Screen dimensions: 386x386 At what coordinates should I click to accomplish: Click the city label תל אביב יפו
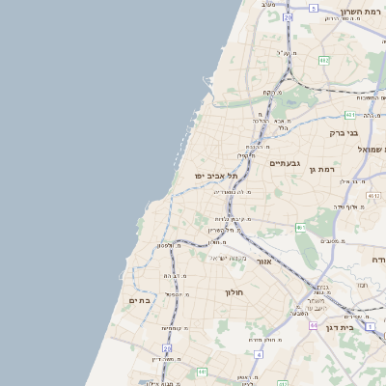click(x=214, y=176)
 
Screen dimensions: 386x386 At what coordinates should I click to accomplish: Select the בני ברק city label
click(x=344, y=133)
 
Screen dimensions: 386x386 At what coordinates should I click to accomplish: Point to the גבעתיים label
click(x=286, y=163)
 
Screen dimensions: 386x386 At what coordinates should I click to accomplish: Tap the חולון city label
click(x=234, y=291)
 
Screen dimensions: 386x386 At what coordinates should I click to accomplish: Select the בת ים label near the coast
click(x=141, y=300)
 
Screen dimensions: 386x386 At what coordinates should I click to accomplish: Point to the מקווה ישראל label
click(x=230, y=258)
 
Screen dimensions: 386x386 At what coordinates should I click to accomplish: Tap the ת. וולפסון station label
click(x=165, y=245)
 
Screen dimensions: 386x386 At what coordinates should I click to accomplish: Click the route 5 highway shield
click(x=314, y=8)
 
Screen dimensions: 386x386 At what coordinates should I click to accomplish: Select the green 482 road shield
click(x=324, y=60)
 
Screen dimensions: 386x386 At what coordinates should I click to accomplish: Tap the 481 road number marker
click(x=349, y=115)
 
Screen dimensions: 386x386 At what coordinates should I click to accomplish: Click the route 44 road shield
click(x=314, y=326)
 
